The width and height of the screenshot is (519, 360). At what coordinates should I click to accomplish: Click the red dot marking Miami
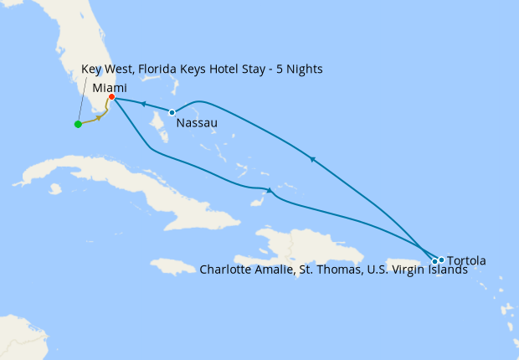(111, 97)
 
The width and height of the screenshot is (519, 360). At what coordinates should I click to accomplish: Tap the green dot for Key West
(78, 125)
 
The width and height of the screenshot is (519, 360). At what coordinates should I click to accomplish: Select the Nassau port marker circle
(172, 112)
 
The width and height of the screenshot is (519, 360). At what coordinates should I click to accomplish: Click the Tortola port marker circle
(441, 260)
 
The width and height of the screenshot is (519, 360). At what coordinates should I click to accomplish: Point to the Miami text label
(110, 86)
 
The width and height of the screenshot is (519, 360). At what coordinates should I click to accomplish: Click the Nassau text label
(198, 123)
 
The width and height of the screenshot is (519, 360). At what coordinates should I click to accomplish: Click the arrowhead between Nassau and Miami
(142, 105)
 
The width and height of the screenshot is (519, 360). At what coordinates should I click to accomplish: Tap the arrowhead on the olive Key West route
(100, 117)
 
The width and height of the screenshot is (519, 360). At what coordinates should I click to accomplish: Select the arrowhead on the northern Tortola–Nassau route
(312, 158)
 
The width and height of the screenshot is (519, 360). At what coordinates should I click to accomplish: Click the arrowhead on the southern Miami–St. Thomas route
(268, 190)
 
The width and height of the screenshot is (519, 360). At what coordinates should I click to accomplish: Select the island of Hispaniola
(293, 247)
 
